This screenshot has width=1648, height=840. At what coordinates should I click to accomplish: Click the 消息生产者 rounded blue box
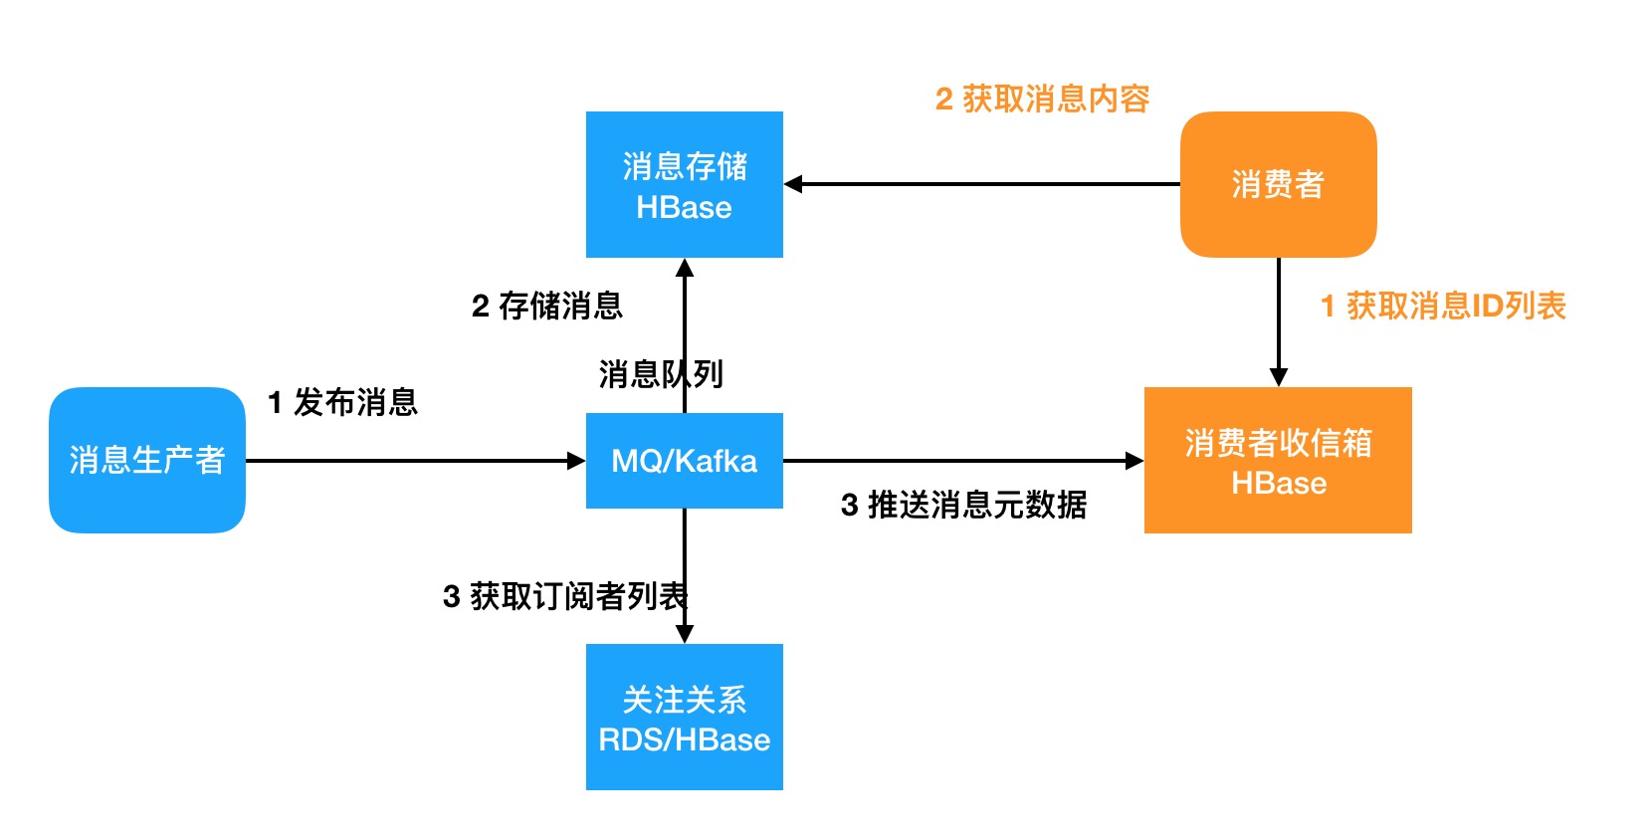[x=147, y=460]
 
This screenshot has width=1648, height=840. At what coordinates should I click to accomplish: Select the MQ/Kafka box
[x=684, y=461]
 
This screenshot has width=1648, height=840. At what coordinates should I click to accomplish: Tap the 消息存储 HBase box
[x=684, y=185]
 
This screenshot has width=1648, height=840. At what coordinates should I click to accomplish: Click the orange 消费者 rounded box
[x=1278, y=184]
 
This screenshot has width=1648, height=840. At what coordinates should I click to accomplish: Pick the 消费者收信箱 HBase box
[x=1278, y=461]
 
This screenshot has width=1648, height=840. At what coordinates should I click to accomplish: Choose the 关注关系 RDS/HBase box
[x=684, y=718]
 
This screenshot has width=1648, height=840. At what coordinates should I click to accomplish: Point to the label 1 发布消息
[x=342, y=402]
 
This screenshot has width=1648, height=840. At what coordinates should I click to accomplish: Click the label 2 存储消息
[x=546, y=306]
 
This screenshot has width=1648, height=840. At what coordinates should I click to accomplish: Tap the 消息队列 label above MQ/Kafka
[x=660, y=374]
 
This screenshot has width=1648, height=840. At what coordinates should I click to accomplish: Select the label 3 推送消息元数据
[x=963, y=505]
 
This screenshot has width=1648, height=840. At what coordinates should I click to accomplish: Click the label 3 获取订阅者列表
[x=564, y=596]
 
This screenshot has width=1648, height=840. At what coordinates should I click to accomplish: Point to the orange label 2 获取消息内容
[x=1042, y=99]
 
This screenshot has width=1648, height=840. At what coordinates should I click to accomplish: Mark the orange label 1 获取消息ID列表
[x=1443, y=306]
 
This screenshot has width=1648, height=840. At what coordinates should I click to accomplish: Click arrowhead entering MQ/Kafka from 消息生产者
[x=576, y=461]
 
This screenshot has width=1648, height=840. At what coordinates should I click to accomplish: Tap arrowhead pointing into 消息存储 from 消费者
[x=793, y=184]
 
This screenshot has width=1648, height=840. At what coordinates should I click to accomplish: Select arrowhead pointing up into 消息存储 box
[x=685, y=268]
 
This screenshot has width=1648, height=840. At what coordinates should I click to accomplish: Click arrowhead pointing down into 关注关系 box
[x=685, y=634]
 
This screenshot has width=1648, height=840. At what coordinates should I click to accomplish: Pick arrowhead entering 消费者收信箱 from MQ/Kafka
[x=1134, y=461]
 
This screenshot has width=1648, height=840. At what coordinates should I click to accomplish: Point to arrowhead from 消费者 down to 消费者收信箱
[x=1279, y=377]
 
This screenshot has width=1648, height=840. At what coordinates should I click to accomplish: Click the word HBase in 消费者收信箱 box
[x=1279, y=483]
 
